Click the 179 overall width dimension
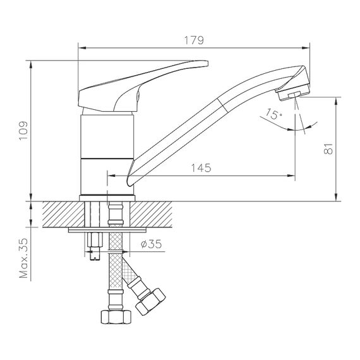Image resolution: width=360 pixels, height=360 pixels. click(194, 40)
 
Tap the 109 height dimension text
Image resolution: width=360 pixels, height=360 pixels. click(23, 131)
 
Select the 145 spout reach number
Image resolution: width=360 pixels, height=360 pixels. click(201, 168)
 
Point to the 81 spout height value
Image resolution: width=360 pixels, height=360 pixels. click(328, 148)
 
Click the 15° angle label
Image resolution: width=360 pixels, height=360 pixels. click(273, 114)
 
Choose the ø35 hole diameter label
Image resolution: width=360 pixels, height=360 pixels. click(152, 244)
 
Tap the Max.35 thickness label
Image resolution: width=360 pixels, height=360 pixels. click(23, 258)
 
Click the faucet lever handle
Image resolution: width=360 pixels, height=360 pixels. click(143, 86)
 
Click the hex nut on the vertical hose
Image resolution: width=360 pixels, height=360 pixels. click(116, 316)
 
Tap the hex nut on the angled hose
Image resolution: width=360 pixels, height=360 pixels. click(150, 302)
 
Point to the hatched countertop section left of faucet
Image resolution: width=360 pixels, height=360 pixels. click(63, 215)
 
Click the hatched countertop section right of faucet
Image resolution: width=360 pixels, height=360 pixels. click(151, 215)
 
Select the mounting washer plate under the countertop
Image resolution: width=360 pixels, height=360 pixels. click(107, 230)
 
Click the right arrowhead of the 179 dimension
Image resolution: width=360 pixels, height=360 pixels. click(306, 48)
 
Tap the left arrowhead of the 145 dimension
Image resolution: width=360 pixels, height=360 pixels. click(111, 176)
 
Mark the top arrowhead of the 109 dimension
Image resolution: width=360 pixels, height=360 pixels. click(31, 64)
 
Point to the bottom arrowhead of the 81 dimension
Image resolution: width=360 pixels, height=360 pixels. click(337, 197)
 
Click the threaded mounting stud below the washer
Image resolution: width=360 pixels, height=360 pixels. click(95, 246)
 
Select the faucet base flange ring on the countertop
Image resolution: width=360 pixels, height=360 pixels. click(107, 198)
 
